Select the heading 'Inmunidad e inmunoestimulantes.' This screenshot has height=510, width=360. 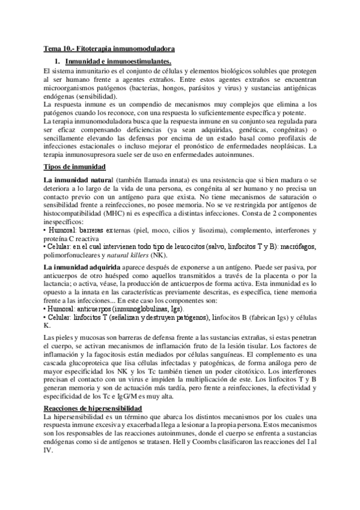[118, 62]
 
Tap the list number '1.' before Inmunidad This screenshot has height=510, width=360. [59, 62]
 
